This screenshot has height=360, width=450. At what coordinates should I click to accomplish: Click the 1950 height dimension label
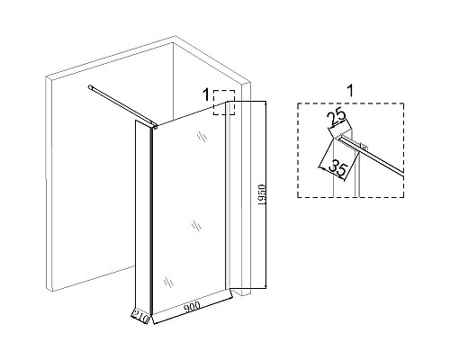pos(262,194)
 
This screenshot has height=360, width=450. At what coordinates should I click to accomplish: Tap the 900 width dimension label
pos(192,308)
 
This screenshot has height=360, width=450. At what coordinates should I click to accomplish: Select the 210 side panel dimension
pos(140,317)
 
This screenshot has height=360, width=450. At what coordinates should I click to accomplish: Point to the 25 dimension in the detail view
pos(337,118)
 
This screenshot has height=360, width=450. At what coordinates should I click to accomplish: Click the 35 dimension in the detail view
pos(337,168)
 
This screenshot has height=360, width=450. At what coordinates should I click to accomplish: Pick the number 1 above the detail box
pos(350,90)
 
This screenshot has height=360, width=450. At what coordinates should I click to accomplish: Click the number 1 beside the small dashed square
pos(206,95)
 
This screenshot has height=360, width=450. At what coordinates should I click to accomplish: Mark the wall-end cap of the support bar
pos(91,87)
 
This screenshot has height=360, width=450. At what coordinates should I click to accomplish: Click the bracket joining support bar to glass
pos(155,126)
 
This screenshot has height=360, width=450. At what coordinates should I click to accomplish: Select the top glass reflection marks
pos(202,137)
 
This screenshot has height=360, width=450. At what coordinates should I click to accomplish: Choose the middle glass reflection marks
pos(196,226)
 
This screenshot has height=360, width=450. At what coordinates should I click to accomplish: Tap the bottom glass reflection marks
pos(168,283)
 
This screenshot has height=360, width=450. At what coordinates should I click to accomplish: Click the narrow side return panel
pos(142,217)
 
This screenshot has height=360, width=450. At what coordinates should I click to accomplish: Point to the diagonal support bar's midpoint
pos(122,105)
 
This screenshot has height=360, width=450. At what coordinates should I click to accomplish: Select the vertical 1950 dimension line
pos(265,194)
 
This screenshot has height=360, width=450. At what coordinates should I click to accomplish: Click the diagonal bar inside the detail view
pos(373,156)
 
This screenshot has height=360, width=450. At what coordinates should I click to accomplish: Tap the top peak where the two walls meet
pos(175,36)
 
